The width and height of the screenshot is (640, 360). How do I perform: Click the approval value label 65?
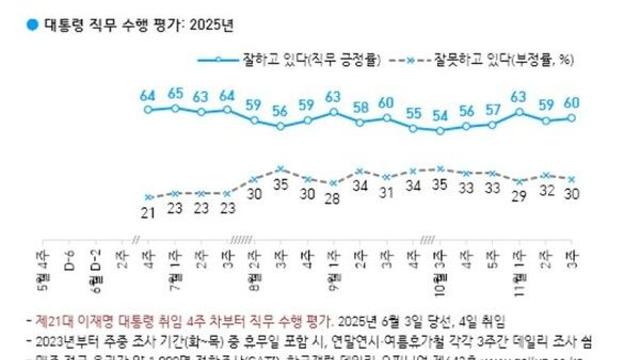coord(175,94)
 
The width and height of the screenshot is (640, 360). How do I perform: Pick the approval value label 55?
coord(412,114)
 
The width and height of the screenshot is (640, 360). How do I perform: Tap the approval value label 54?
coord(438,116)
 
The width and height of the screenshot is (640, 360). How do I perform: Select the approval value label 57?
coord(491,109)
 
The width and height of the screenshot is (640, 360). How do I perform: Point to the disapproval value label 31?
coord(386,191)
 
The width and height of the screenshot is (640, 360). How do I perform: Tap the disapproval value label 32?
coord(546,189)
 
